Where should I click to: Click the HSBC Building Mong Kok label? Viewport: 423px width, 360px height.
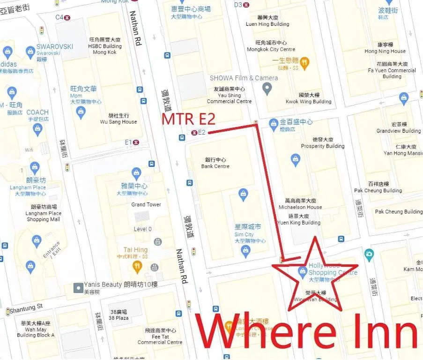tap(105, 46)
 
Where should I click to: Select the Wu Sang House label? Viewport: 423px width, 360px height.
tap(119, 119)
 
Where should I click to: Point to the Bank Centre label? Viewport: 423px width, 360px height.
tap(215, 163)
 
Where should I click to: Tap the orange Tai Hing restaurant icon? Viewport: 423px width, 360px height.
tap(137, 268)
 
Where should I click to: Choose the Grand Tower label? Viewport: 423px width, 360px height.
tap(146, 204)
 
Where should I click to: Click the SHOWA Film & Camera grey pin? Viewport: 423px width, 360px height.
tap(267, 88)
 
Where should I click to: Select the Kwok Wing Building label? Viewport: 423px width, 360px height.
tap(308, 98)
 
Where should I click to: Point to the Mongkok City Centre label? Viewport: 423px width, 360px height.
tap(271, 46)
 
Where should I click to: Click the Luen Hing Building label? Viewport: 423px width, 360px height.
tap(267, 21)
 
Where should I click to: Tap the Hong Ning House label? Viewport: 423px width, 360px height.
tap(385, 48)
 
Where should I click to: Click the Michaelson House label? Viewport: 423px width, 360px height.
tap(300, 203)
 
